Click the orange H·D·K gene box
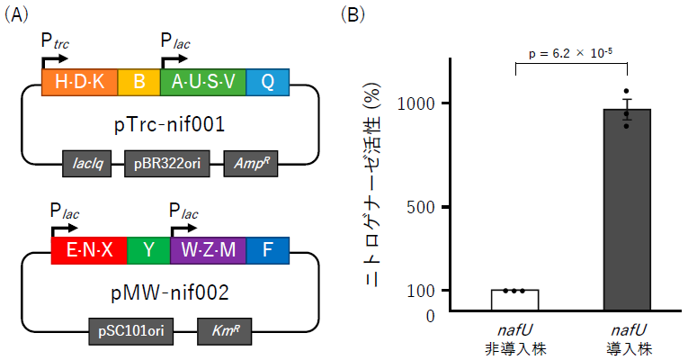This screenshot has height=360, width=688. pyautogui.click(x=80, y=83)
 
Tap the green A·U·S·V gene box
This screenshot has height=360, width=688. pyautogui.click(x=203, y=83)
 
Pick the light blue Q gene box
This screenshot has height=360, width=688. pyautogui.click(x=267, y=83)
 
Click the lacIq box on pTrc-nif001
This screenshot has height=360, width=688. pyautogui.click(x=86, y=164)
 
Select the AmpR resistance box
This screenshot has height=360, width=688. pyautogui.click(x=246, y=164)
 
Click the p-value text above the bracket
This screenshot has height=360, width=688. pyautogui.click(x=570, y=53)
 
